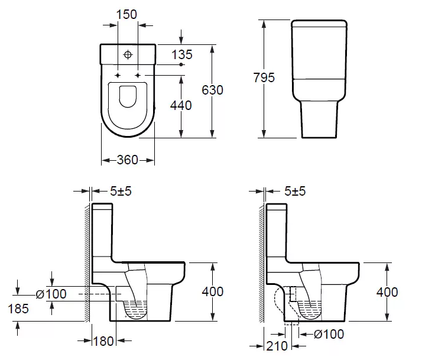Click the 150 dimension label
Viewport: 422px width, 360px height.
pos(126,14)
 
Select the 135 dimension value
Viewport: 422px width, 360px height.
pos(182,54)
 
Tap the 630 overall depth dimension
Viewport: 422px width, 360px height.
pos(212,90)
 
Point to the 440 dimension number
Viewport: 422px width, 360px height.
pos(181,105)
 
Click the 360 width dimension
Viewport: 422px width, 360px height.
pos(128,160)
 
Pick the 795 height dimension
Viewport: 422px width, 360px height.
pos(264,77)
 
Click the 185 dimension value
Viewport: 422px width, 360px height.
pos(18,309)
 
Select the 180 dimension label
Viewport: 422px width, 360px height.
pos(103,342)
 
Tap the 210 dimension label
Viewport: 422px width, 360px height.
pos(277,346)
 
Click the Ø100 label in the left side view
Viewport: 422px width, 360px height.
pos(51,294)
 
